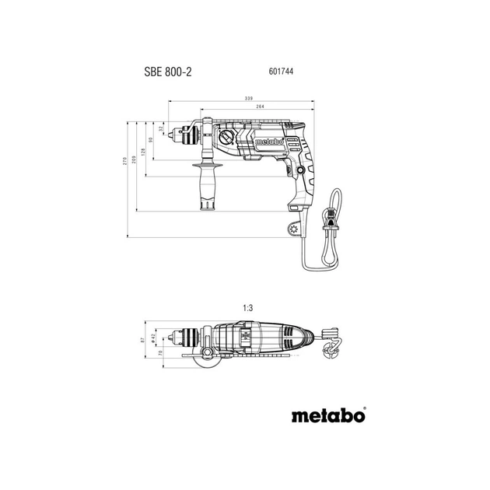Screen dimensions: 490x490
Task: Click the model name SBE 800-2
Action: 168,72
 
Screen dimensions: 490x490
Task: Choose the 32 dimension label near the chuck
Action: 161,129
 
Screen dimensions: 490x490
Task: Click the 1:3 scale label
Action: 248,309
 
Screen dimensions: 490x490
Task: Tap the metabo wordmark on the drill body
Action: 268,141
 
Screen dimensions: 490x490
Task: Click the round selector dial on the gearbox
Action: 226,138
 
